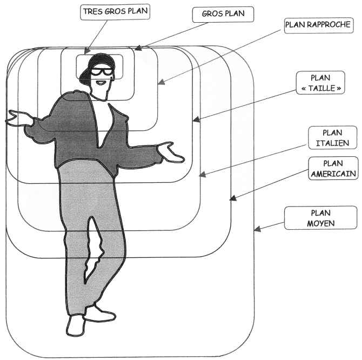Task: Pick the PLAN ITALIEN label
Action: coord(332,138)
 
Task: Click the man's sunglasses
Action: coord(100,70)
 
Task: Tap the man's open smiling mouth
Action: coord(100,83)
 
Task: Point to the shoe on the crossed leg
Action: coord(98,314)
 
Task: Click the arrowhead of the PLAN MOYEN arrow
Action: coord(257,230)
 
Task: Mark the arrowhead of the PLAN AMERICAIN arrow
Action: coord(233,199)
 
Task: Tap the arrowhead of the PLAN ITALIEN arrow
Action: coord(203,174)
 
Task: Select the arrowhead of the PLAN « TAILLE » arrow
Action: coord(196,119)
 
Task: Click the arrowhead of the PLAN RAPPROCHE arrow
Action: coord(160,83)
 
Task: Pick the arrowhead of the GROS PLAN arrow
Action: coord(138,49)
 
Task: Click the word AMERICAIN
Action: coord(332,173)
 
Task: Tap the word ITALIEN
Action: coord(332,143)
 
